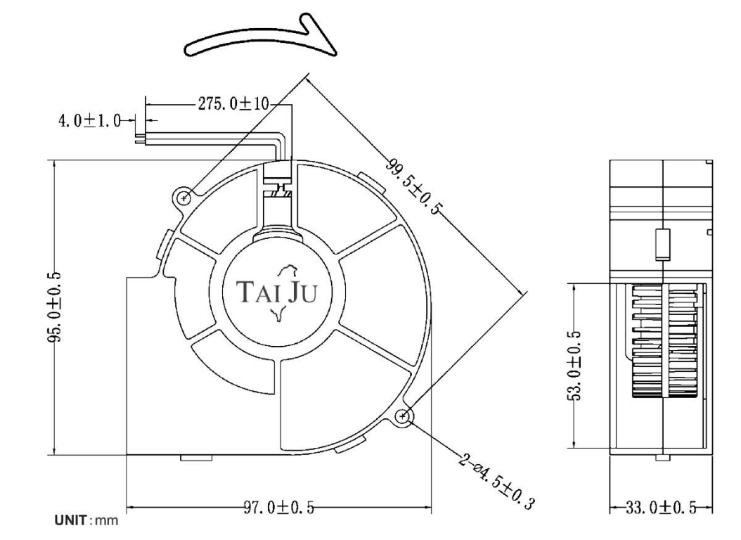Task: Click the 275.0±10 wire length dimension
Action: pos(233,103)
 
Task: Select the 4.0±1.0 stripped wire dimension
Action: pos(89,121)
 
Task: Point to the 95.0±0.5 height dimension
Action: pos(54,307)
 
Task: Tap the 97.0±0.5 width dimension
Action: pos(279,508)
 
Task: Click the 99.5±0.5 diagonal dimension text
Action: pos(415,186)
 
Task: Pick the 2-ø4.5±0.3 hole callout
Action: pos(496,482)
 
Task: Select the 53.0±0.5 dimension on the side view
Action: pos(574,365)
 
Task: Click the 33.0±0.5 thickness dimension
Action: pos(661,508)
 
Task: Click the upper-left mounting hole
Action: pos(183,198)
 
